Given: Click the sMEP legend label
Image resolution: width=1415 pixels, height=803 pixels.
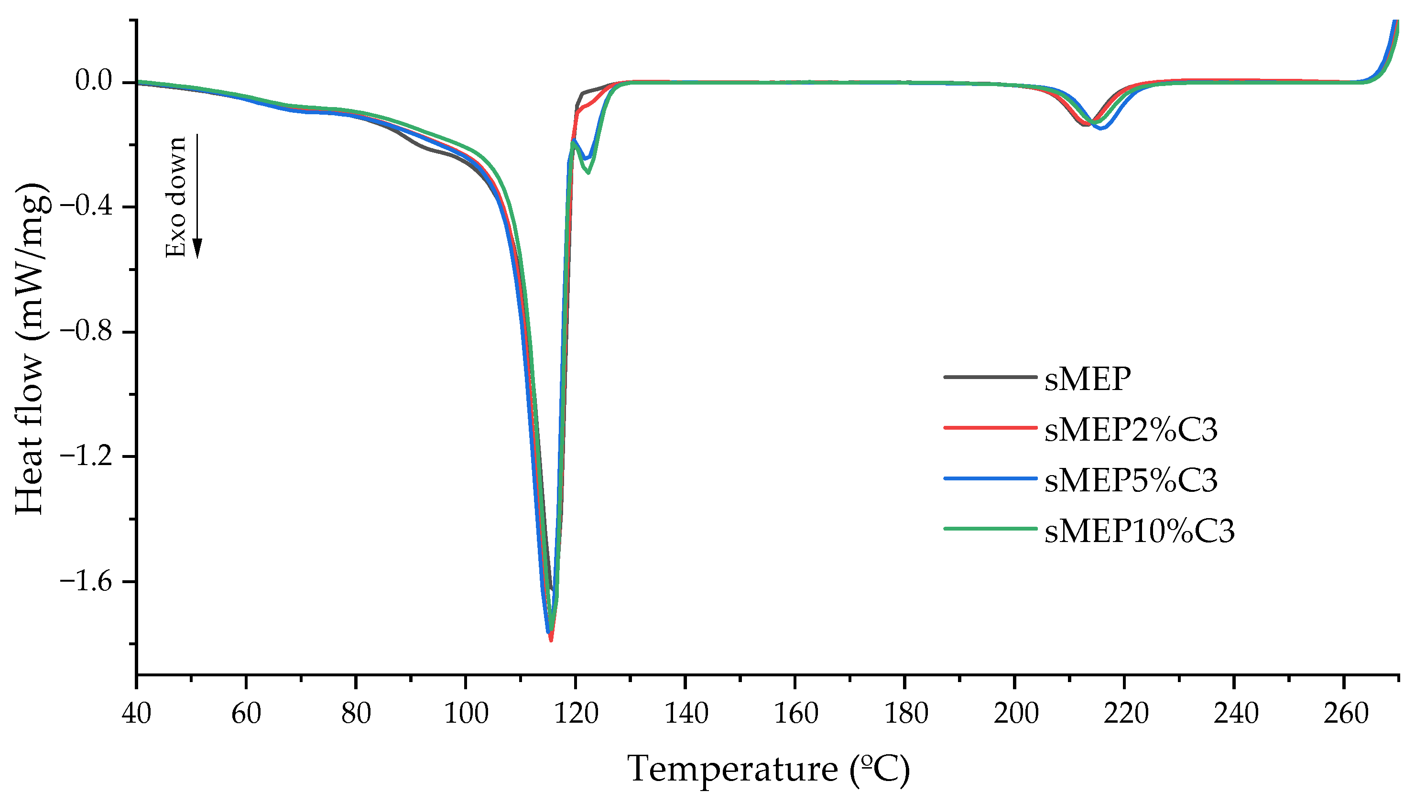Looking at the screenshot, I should (1088, 379).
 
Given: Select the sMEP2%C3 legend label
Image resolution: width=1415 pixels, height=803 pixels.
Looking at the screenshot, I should (1131, 430).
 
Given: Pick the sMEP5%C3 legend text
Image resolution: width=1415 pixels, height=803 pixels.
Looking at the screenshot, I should (1131, 480).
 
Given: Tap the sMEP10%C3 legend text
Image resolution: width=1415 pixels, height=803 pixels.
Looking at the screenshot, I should (1139, 531).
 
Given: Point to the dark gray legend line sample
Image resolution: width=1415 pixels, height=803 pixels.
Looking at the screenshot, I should (990, 377).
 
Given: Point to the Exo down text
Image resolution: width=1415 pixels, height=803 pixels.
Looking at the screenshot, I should (176, 197).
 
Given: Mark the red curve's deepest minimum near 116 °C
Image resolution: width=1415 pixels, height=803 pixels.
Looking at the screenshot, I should (551, 640).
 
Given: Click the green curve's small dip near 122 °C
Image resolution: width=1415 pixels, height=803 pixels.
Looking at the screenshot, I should (589, 173).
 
